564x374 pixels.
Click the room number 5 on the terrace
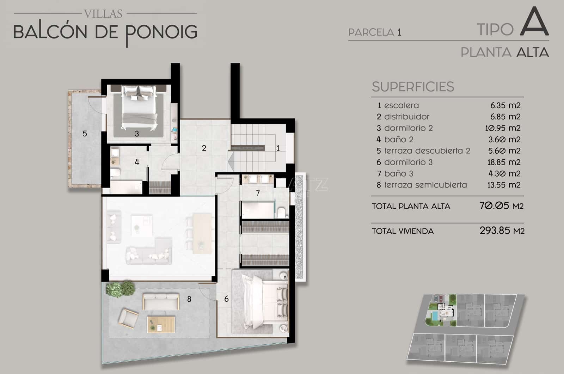tap(85, 134)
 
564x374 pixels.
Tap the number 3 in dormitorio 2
tap(137, 134)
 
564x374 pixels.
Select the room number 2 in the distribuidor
tap(204, 148)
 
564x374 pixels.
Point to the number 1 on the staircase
tap(278, 148)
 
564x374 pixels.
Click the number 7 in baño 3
tap(258, 193)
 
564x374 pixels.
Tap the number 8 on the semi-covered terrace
tap(189, 299)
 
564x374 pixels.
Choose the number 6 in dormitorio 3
tap(226, 299)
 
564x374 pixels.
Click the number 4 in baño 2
tap(137, 162)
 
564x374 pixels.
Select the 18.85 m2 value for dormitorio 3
tap(503, 162)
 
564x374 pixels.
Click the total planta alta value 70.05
tap(494, 206)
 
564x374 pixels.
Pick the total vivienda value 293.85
tap(494, 231)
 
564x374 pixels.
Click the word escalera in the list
tap(401, 105)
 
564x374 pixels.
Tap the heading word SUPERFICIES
tap(413, 87)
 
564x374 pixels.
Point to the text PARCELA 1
tap(375, 32)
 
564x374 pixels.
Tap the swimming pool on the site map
tap(436, 315)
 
